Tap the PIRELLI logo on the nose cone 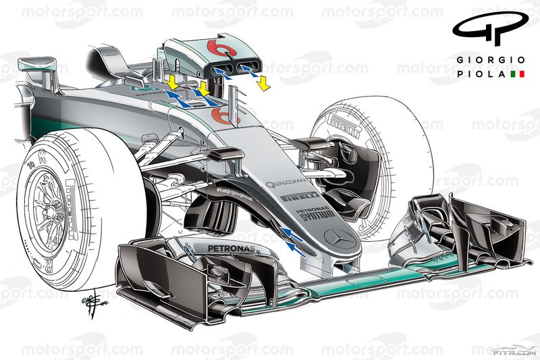[298, 197]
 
